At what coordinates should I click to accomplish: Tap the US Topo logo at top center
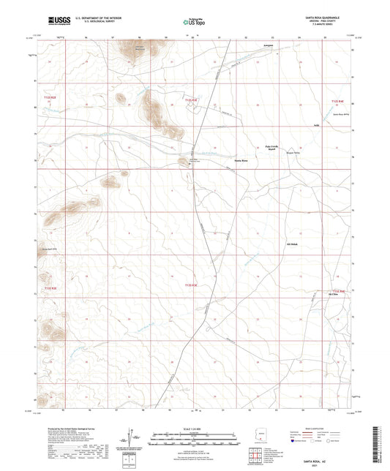tap(192, 23)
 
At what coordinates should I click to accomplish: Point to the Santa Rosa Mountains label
tap(138, 49)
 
